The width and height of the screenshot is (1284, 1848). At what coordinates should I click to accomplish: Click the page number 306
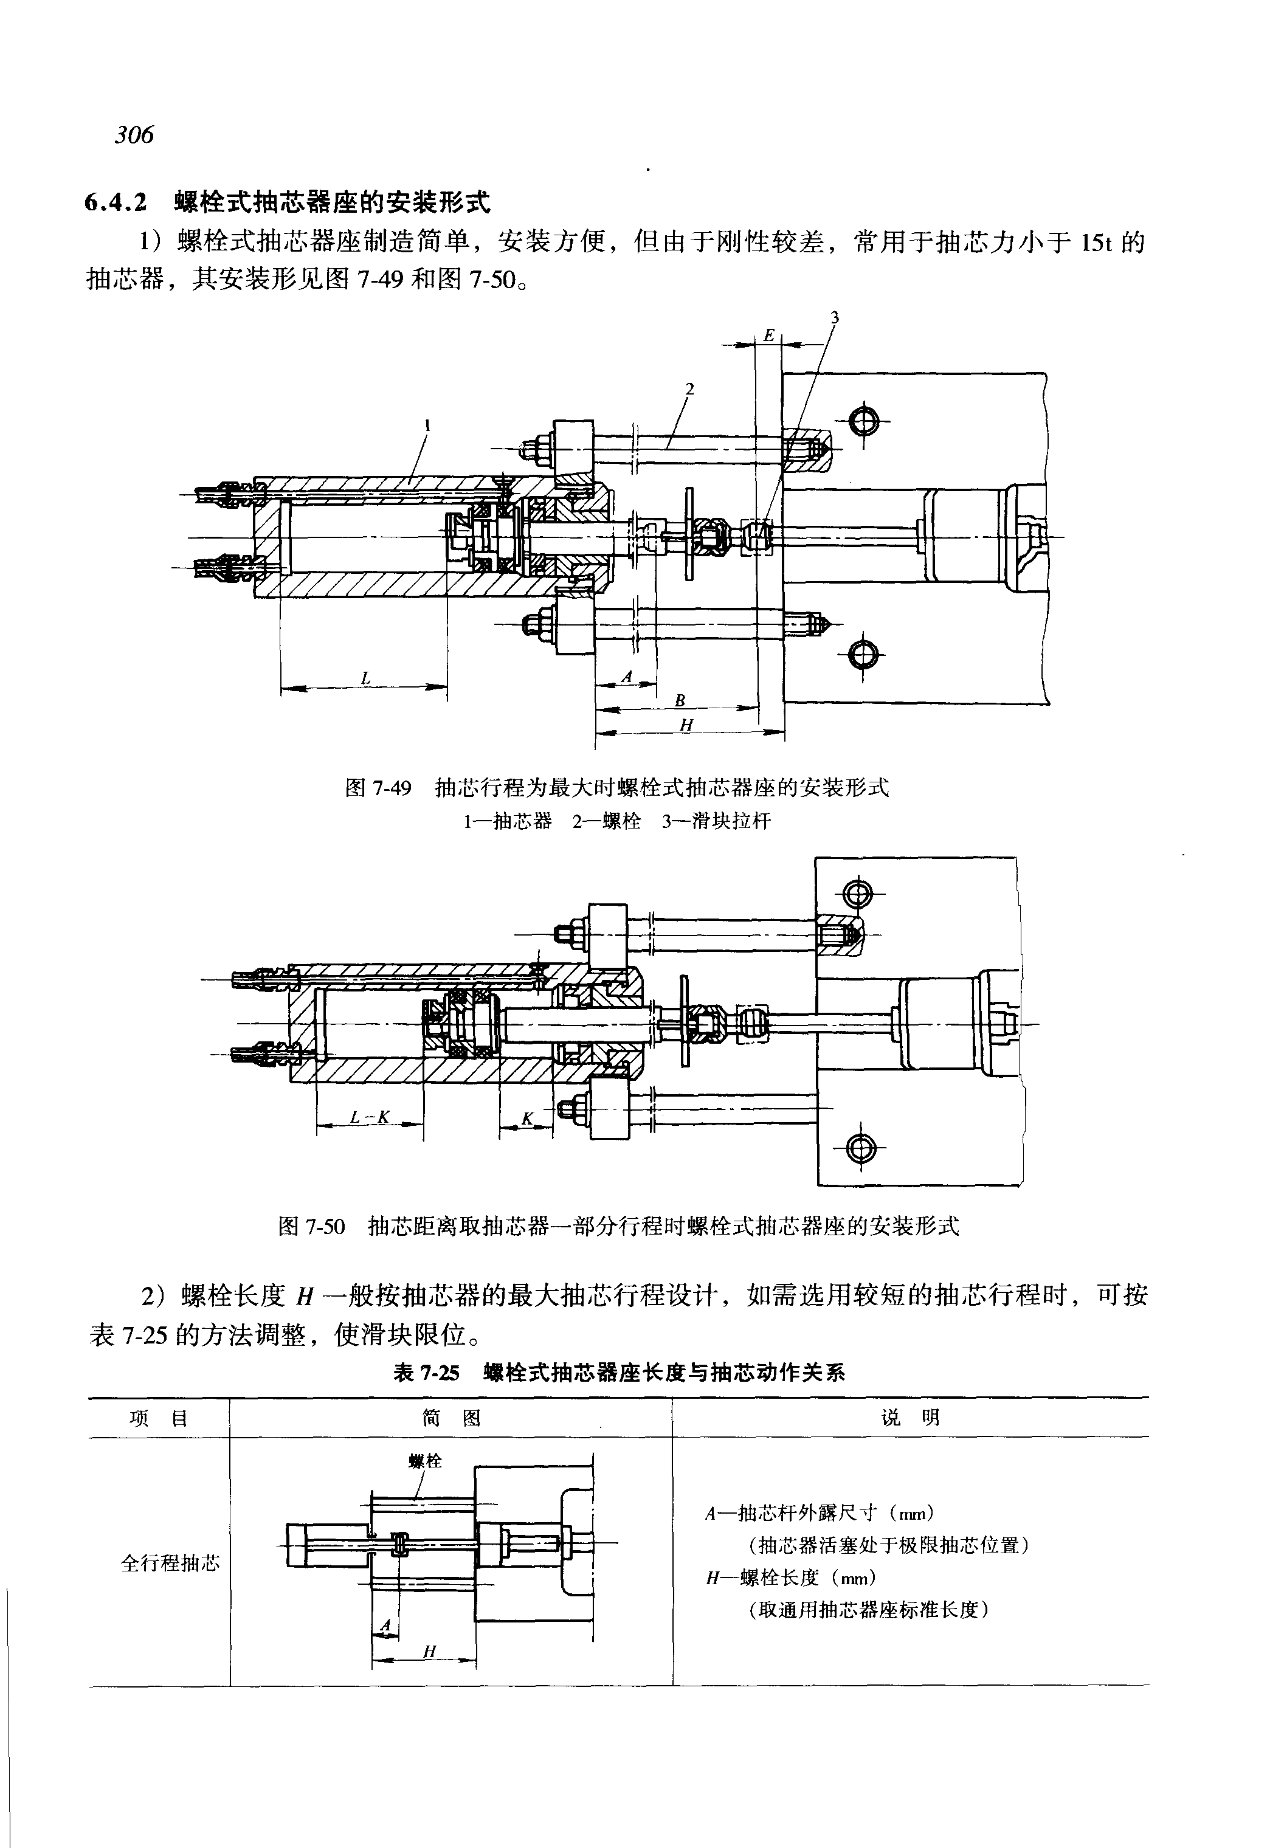[x=134, y=134]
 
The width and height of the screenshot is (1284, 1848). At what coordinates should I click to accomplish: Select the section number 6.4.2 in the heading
[x=117, y=202]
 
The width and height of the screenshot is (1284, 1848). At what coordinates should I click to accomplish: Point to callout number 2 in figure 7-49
[x=689, y=388]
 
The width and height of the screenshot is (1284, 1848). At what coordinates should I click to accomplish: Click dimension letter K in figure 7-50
[x=527, y=1119]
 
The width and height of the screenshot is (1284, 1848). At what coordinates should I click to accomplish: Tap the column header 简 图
[x=450, y=1418]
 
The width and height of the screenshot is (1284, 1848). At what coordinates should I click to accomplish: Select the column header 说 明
[x=910, y=1418]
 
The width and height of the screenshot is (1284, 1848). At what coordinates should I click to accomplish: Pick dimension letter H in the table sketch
[x=430, y=1652]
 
